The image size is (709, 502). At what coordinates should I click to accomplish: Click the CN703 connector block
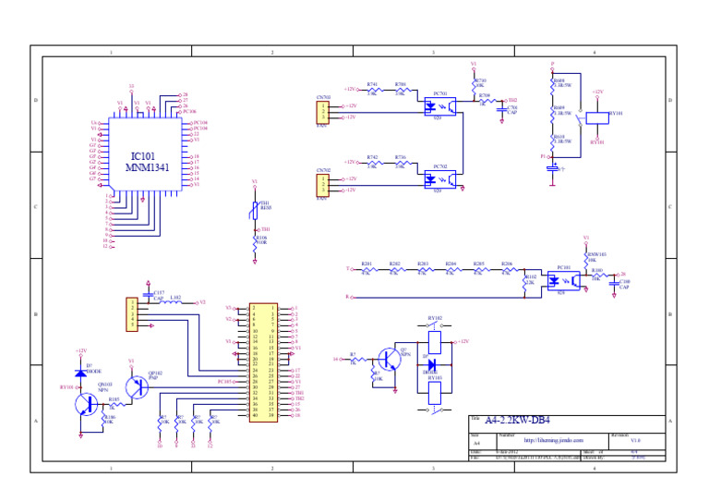(x=322, y=112)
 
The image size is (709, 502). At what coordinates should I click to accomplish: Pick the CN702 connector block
(x=322, y=185)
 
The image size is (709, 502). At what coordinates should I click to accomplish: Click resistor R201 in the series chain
(x=367, y=270)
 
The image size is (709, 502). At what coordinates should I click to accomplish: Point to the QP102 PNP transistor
(x=138, y=386)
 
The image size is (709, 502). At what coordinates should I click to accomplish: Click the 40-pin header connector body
(x=263, y=362)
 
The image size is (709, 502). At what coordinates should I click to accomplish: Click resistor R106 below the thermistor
(x=255, y=246)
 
